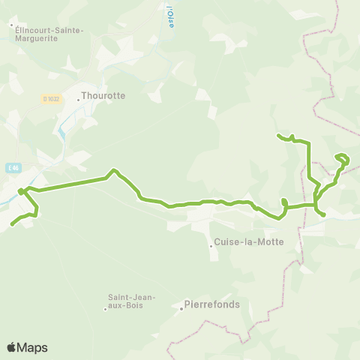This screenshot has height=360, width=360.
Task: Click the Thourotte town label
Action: pyautogui.click(x=103, y=96)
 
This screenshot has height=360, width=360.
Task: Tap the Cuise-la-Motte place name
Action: pyautogui.click(x=241, y=243)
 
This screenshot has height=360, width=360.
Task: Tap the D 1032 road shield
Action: pyautogui.click(x=50, y=97)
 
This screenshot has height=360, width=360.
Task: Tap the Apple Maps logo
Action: pyautogui.click(x=27, y=347)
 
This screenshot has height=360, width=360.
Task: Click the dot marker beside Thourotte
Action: pyautogui.click(x=78, y=100)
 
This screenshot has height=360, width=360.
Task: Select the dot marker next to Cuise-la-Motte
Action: pyautogui.click(x=211, y=245)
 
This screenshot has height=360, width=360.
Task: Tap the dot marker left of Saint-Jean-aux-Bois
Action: pyautogui.click(x=106, y=307)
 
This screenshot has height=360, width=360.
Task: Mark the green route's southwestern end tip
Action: pyautogui.click(x=12, y=224)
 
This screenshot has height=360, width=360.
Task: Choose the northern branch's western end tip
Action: pyautogui.click(x=278, y=135)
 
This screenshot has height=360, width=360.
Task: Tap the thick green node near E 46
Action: pyautogui.click(x=21, y=190)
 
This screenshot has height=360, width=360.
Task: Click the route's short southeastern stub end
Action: pyautogui.click(x=324, y=216)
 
